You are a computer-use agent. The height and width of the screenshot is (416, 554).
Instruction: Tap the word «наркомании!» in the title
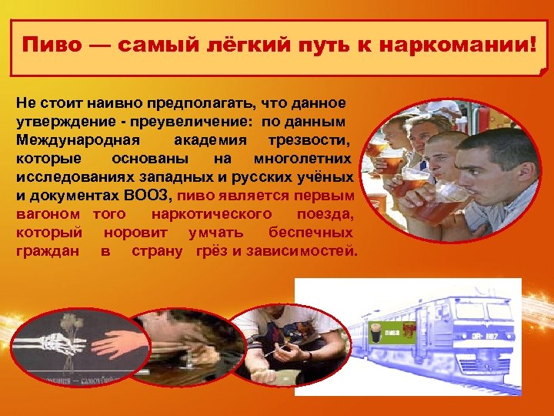point(469,44)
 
